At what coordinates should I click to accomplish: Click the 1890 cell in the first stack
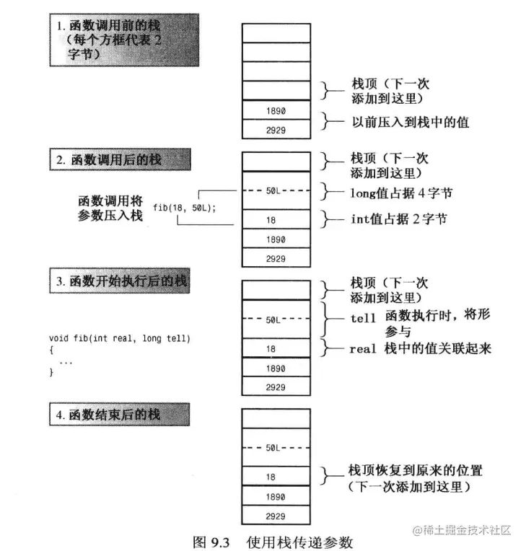tap(276, 110)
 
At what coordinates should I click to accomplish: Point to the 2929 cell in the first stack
tap(276, 129)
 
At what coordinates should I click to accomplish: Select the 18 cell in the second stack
tap(276, 219)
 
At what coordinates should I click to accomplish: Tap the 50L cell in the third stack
tap(276, 319)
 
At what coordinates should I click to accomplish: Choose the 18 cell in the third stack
tap(276, 348)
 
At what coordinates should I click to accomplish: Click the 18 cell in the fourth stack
tap(276, 477)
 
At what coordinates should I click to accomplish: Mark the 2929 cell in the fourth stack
tap(276, 517)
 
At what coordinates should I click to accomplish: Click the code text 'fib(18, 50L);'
tap(185, 208)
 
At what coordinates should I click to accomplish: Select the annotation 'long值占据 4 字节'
tap(402, 193)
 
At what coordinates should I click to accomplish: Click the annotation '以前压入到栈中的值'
tap(409, 122)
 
